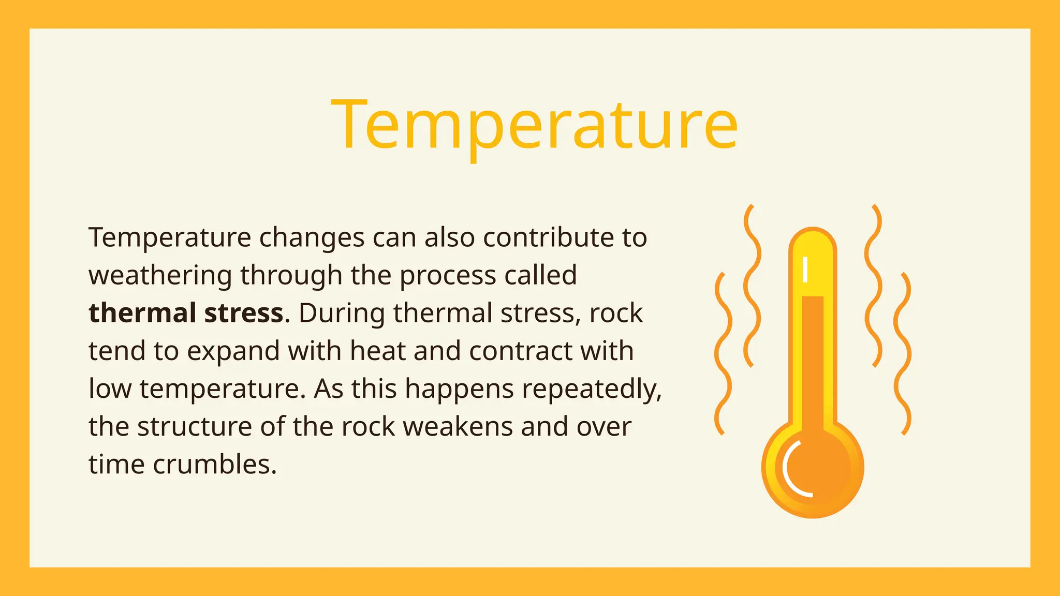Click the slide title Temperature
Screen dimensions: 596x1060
[534, 125]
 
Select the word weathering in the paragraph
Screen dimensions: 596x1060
[160, 275]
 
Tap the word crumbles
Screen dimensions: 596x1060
[215, 464]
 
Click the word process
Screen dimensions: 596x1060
[447, 275]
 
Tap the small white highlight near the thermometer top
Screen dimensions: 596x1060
[805, 270]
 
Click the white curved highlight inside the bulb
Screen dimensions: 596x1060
[787, 468]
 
